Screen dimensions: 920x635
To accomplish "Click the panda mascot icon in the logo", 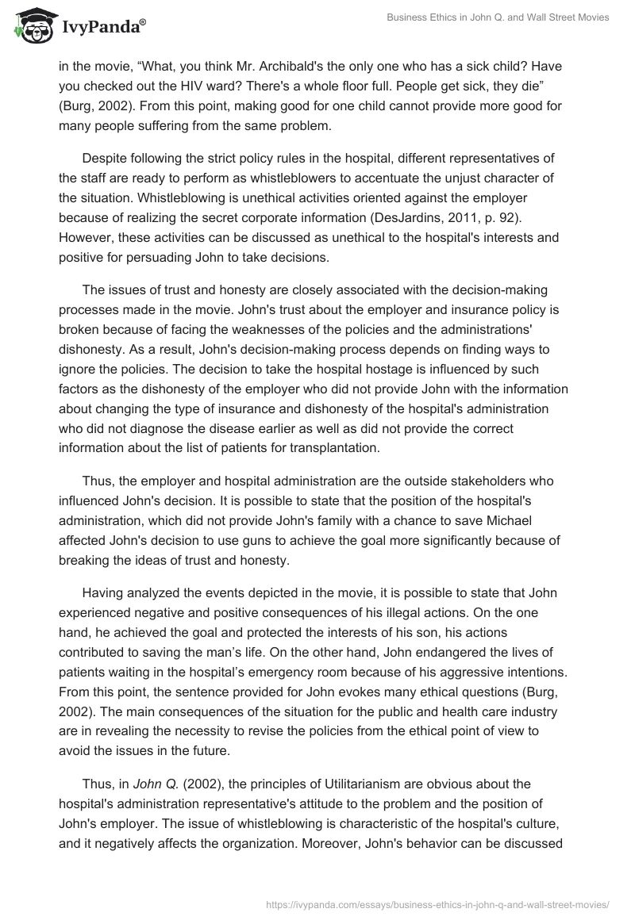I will [29, 25].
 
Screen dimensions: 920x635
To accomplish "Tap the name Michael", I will [506, 519].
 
